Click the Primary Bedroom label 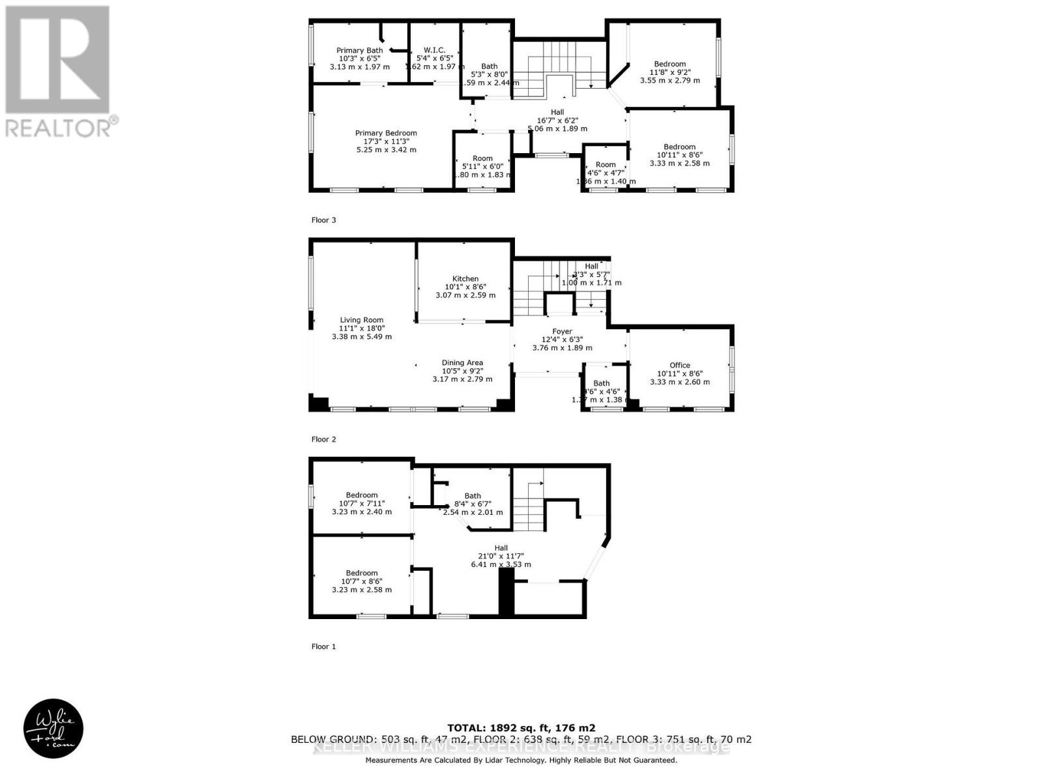(x=386, y=133)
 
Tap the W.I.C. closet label (x=434, y=50)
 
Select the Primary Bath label (x=359, y=50)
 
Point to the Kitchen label (x=465, y=278)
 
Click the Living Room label (x=362, y=320)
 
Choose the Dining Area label (x=462, y=363)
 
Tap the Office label (x=679, y=366)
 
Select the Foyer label (x=561, y=331)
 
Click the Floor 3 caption (x=323, y=220)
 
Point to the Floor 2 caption (x=323, y=439)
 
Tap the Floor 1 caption (x=323, y=646)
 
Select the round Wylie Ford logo (x=53, y=729)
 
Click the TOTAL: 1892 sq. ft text (x=521, y=728)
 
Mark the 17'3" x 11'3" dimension (x=386, y=141)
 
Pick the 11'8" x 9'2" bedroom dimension (x=670, y=72)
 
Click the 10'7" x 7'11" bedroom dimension (x=362, y=503)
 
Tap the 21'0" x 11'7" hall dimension (x=501, y=556)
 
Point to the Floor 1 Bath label (x=473, y=496)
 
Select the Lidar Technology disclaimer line (x=521, y=760)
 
